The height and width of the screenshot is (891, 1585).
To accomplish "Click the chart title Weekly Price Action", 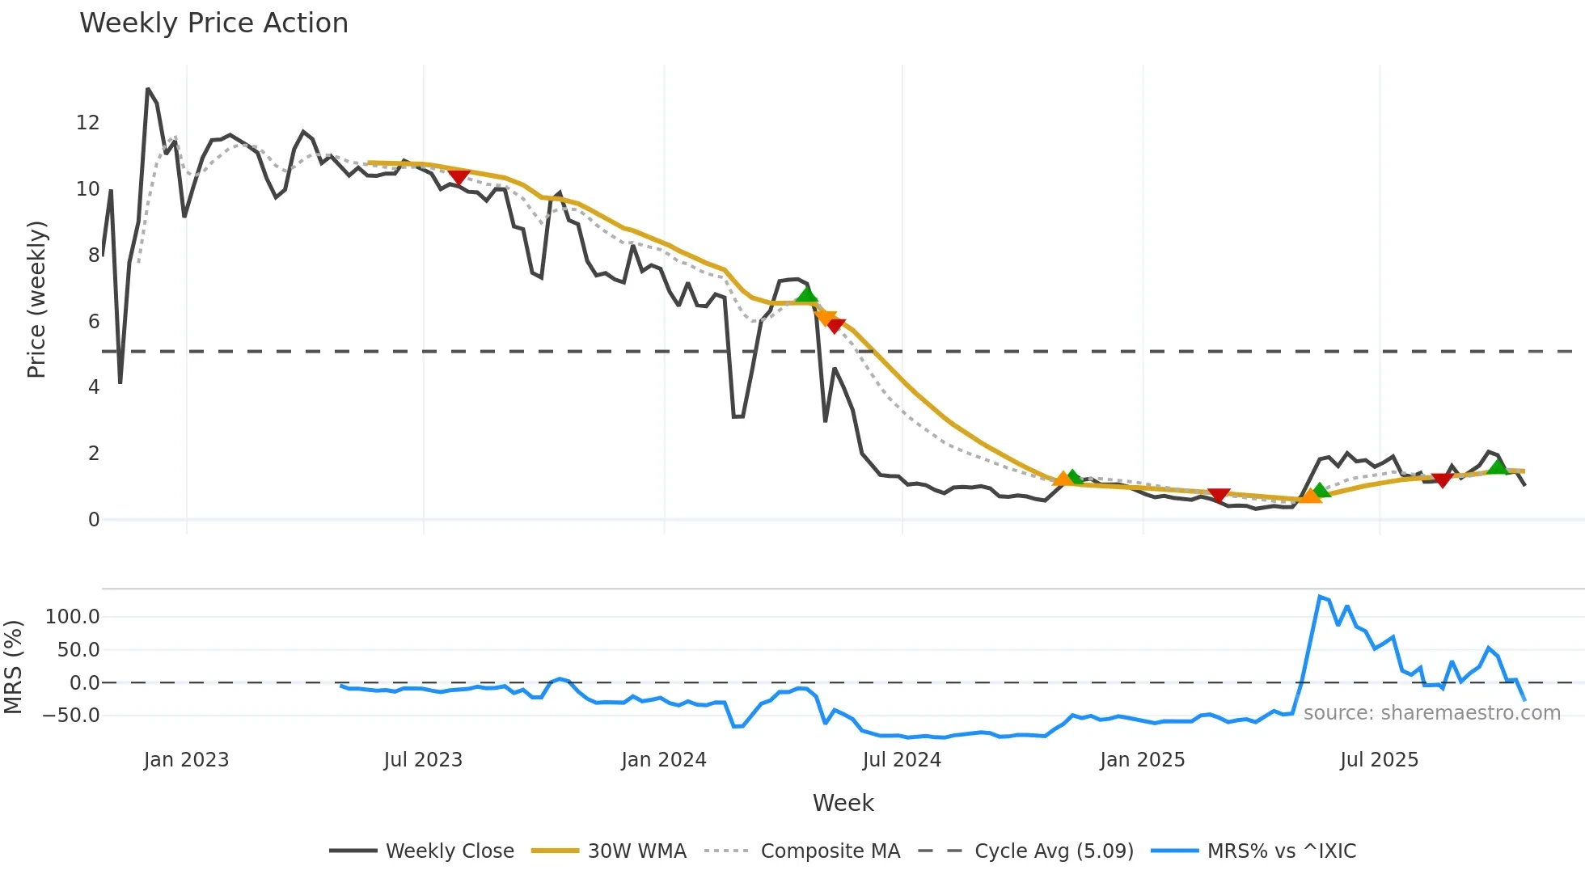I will click(213, 23).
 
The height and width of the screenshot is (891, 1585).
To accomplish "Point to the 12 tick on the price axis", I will click(88, 123).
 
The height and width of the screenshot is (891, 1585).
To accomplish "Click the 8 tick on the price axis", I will click(94, 255).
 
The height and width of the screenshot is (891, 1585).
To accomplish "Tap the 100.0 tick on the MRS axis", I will click(73, 617).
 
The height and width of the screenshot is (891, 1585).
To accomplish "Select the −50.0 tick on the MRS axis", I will click(71, 716).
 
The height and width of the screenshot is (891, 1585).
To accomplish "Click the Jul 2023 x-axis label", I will click(423, 760).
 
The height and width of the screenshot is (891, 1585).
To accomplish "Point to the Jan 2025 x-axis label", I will click(1142, 760).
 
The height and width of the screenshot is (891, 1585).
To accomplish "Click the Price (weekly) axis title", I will click(36, 299).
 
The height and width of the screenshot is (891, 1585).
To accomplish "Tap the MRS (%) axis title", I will click(13, 667).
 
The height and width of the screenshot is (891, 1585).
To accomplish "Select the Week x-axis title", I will click(843, 803).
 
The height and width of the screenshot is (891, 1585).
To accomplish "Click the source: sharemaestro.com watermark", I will click(1431, 713).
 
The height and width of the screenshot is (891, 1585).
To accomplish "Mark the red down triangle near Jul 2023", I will click(459, 177).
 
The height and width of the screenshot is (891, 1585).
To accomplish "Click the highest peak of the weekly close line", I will click(148, 89).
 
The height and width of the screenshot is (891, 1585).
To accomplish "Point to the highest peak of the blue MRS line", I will click(1320, 597).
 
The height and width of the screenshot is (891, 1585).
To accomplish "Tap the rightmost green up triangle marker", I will click(1498, 467).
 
